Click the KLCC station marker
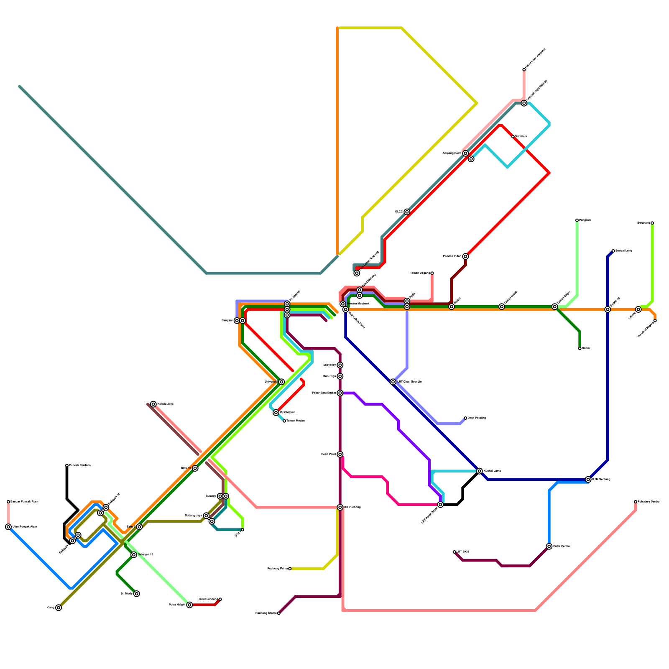407,212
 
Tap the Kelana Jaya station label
165,404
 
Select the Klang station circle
59,608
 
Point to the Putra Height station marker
189,605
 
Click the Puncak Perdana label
80,465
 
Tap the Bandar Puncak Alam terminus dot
8,501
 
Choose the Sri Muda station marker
137,594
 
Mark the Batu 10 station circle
195,468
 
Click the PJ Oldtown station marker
276,413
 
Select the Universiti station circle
281,382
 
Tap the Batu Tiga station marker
340,376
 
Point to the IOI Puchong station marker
340,507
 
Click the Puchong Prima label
278,569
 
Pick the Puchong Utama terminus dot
279,613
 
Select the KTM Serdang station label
601,480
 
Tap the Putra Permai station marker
549,546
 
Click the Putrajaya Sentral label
649,502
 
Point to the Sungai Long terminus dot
613,251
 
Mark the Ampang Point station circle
465,153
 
